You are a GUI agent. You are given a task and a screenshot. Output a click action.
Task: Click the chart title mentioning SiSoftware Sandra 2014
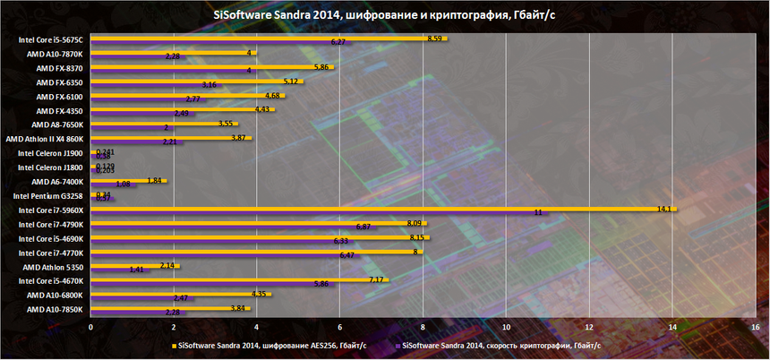[384, 13]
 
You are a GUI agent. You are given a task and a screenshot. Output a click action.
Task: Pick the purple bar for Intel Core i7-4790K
[233, 227]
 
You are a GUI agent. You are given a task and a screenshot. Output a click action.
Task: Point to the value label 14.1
[664, 208]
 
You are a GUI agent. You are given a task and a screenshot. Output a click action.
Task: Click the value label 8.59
[435, 39]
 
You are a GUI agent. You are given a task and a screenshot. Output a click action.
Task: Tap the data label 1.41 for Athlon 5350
[137, 269]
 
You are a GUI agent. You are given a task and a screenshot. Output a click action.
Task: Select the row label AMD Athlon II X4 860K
[45, 139]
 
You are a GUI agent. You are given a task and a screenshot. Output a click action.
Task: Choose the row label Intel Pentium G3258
[49, 195]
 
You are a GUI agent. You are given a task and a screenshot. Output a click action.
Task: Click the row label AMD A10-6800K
[55, 295]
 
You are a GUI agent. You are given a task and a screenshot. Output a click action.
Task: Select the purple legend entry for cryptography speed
[501, 345]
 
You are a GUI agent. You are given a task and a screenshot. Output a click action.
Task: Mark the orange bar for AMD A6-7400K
[128, 180]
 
